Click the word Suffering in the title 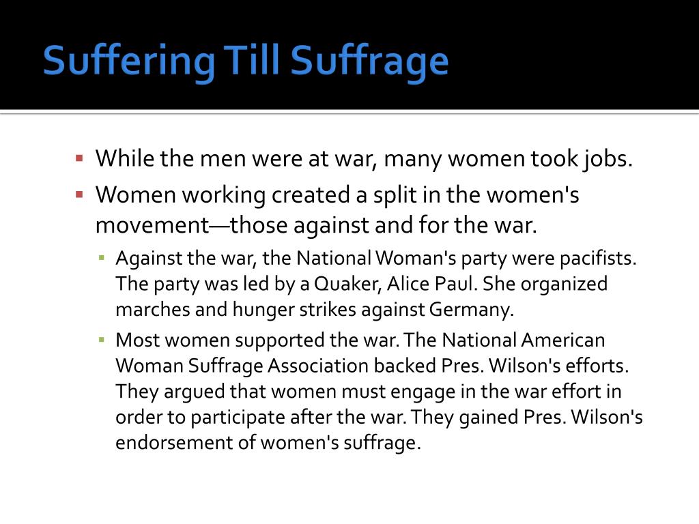point(128,61)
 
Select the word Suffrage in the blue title point(369,61)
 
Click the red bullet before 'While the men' point(80,158)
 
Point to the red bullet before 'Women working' point(80,194)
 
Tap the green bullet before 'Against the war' point(102,257)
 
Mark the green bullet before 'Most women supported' point(102,340)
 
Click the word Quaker point(347,285)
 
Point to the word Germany point(472,310)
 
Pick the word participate point(238,418)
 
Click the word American point(562,340)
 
